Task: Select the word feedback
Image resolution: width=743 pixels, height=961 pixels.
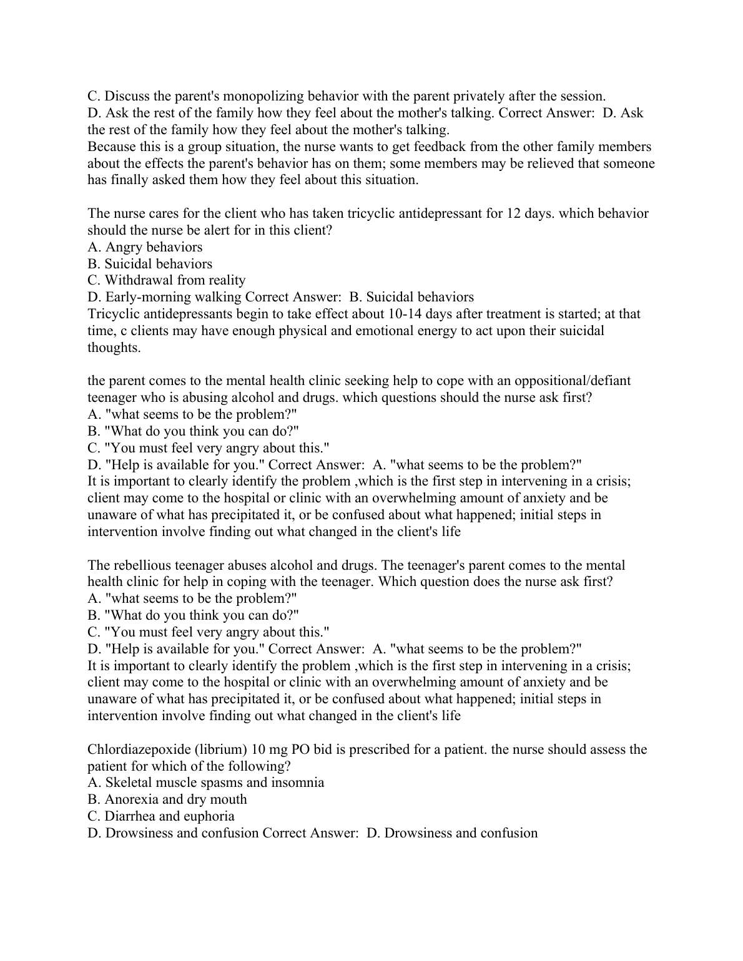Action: (437, 147)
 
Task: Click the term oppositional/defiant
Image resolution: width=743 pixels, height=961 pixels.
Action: (571, 381)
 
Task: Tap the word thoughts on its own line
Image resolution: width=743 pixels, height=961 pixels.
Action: (114, 348)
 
